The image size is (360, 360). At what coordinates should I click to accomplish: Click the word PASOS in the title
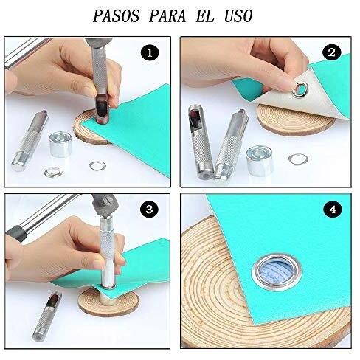tap(116, 16)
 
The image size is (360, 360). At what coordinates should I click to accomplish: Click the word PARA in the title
tap(167, 16)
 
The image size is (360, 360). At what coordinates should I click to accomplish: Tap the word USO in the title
tap(238, 16)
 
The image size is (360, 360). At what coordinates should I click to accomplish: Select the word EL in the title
tap(206, 16)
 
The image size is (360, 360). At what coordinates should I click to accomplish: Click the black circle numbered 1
tap(150, 53)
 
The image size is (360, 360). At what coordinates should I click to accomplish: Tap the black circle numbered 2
tap(332, 52)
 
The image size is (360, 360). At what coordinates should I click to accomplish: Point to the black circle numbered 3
tap(149, 210)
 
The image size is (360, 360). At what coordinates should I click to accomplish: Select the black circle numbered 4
tap(333, 210)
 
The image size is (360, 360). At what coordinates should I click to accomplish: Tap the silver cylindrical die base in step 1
tap(60, 144)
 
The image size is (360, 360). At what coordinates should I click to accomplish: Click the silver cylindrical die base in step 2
tap(260, 160)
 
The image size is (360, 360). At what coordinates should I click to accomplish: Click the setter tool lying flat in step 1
tap(30, 141)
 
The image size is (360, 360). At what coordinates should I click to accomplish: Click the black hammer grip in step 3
tap(15, 233)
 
